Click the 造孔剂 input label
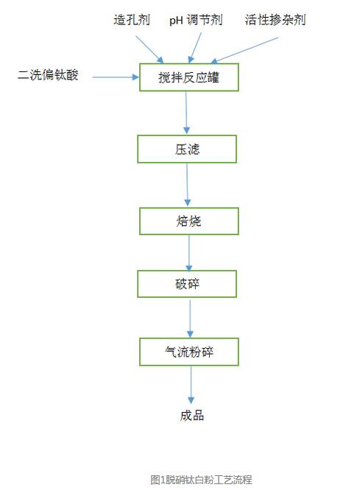pyautogui.click(x=132, y=20)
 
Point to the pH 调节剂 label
pyautogui.click(x=196, y=21)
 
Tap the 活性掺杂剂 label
pyautogui.click(x=275, y=20)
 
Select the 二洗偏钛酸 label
pyautogui.click(x=48, y=75)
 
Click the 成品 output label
pyautogui.click(x=191, y=416)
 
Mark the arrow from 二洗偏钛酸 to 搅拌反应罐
pyautogui.click(x=116, y=77)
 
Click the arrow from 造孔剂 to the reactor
pyautogui.click(x=149, y=49)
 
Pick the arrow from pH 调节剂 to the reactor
pyautogui.click(x=195, y=48)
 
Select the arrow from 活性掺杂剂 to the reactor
pyautogui.click(x=244, y=50)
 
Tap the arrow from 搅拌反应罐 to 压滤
pyautogui.click(x=186, y=113)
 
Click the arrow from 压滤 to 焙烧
pyautogui.click(x=187, y=185)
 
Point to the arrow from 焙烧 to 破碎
pyautogui.click(x=189, y=253)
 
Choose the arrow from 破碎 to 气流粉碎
pyautogui.click(x=190, y=319)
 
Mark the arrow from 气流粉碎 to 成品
pyautogui.click(x=191, y=385)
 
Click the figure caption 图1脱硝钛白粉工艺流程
pyautogui.click(x=201, y=480)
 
